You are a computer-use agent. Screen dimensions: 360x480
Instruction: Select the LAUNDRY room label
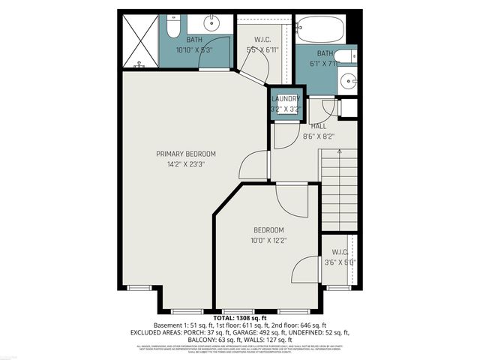(285, 99)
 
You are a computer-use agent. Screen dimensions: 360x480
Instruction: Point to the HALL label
(319, 126)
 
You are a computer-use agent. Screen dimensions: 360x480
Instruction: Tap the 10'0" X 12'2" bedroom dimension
(268, 240)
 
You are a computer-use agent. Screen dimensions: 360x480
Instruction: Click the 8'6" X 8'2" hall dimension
(319, 136)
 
